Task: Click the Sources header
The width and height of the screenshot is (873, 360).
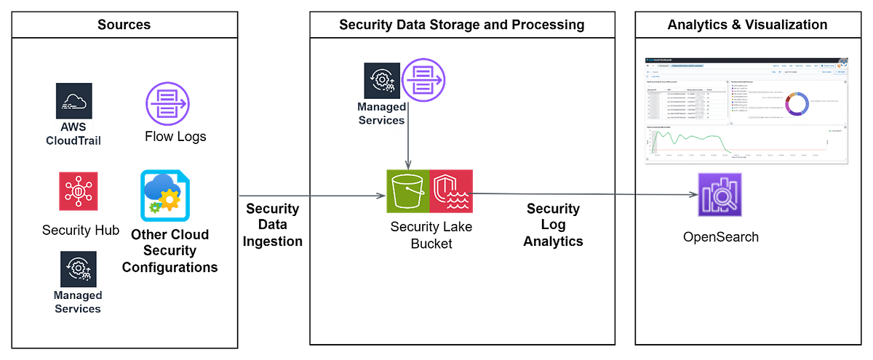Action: tap(124, 25)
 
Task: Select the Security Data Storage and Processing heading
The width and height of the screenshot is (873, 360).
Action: tap(461, 25)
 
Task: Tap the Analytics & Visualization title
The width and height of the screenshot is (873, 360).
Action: tap(747, 25)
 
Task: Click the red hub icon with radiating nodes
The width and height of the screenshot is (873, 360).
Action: tap(78, 191)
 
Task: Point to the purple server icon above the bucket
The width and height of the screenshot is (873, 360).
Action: tap(424, 78)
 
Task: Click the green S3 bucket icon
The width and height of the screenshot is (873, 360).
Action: tap(407, 191)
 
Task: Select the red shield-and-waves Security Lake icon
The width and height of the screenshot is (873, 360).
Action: tap(452, 191)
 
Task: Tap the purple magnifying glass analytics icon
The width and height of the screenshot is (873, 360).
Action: tap(718, 195)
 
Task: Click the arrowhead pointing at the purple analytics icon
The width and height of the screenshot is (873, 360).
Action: tap(691, 195)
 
